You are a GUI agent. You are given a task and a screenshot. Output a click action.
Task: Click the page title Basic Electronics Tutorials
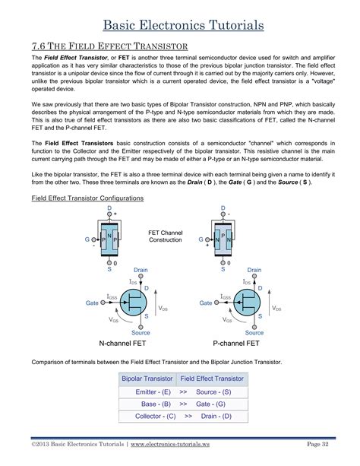coord(180,25)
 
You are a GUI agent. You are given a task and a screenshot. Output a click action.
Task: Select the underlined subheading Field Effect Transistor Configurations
coord(84,198)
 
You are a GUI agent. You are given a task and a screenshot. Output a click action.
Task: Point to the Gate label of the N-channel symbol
coord(92,303)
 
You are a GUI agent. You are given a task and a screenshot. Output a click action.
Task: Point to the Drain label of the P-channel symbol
coord(254,270)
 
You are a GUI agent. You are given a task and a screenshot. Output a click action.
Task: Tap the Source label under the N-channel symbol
coord(141,332)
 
